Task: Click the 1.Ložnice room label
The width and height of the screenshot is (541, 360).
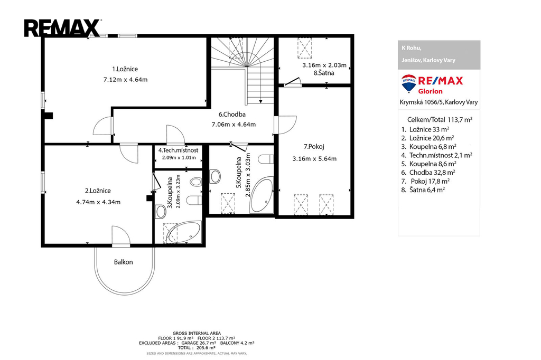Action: click(x=125, y=69)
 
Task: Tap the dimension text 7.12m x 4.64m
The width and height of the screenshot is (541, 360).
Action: click(x=126, y=80)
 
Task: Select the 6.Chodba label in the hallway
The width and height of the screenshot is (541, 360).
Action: click(x=232, y=115)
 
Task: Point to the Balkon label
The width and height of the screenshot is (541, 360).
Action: click(x=124, y=262)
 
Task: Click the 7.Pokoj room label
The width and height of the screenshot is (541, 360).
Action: click(x=314, y=147)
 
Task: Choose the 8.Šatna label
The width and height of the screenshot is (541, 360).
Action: click(x=324, y=73)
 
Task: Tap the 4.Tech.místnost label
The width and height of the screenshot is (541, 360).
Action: click(x=179, y=150)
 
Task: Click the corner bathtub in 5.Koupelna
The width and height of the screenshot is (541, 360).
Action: click(x=262, y=195)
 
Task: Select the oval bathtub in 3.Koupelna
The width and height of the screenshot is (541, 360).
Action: click(x=183, y=232)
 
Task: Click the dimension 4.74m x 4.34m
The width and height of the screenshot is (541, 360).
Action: click(x=98, y=202)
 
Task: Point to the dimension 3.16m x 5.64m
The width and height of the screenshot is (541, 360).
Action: click(x=314, y=158)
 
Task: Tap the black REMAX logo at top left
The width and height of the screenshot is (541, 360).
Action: click(x=62, y=29)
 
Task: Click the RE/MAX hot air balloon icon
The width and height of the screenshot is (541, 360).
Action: click(x=409, y=83)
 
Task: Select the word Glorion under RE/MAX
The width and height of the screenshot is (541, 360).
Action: click(x=430, y=91)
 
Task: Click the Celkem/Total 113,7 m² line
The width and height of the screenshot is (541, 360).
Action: click(x=440, y=120)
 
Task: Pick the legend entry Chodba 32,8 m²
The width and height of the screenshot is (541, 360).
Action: click(x=428, y=173)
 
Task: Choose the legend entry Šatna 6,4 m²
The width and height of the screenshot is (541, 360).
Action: click(x=423, y=190)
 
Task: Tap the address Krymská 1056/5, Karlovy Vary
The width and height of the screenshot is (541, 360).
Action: click(x=439, y=102)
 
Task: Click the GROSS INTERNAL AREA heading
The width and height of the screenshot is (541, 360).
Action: click(x=197, y=333)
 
